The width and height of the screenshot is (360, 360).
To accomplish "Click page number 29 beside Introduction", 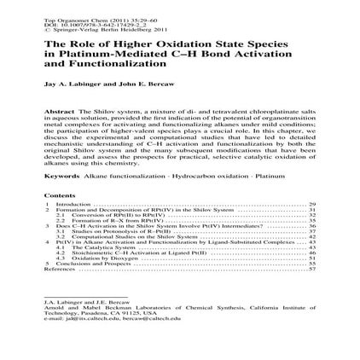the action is tap(312, 205).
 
